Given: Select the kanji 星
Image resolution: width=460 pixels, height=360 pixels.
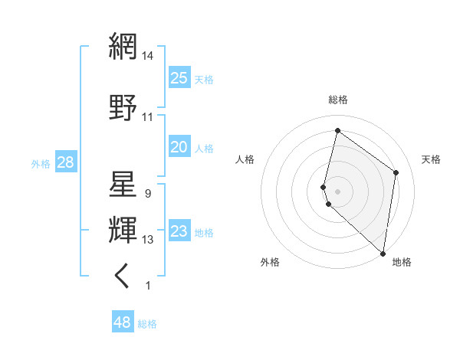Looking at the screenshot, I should tap(123, 185).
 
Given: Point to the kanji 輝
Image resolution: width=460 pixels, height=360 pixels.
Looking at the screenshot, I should tap(123, 230).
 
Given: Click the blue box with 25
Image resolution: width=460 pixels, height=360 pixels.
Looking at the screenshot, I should tap(179, 77).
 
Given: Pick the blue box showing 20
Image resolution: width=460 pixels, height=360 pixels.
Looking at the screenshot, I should tap(179, 147).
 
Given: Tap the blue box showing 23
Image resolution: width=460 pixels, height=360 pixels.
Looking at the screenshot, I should tap(179, 231).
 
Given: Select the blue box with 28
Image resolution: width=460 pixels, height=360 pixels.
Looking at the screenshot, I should tap(65, 162).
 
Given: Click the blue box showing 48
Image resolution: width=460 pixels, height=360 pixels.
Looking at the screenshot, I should tap(123, 322).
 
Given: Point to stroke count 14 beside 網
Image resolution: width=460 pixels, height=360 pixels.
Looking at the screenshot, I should tap(148, 55).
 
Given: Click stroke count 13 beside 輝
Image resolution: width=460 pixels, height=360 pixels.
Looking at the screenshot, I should tap(148, 240).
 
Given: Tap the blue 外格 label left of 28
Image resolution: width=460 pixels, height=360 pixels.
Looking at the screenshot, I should tap(41, 163).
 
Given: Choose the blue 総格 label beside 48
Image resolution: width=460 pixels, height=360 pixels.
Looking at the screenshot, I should tap(147, 324).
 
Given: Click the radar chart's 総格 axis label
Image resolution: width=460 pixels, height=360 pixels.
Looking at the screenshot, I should tap(337, 100).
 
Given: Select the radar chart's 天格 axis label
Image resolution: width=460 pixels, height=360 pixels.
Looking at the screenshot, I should tap(431, 159).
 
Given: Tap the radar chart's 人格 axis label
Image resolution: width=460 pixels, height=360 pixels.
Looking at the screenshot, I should tap(245, 159).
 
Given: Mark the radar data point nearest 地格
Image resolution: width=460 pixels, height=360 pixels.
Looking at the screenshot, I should tap(383, 254).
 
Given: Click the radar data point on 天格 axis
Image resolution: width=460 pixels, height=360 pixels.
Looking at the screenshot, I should tap(396, 172).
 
